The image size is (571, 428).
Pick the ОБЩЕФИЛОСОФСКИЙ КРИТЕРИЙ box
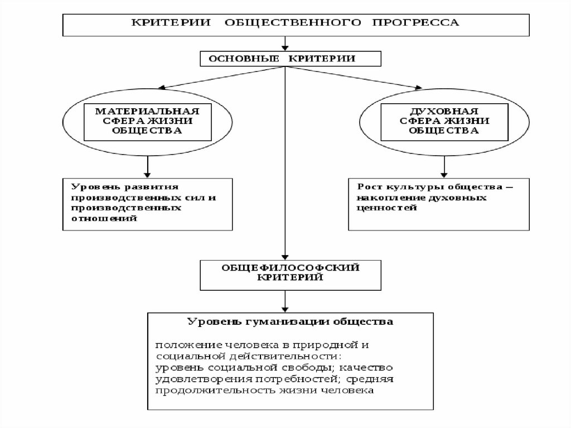click(x=284, y=273)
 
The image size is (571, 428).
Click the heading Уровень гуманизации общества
click(x=291, y=323)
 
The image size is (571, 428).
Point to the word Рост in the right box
click(x=368, y=187)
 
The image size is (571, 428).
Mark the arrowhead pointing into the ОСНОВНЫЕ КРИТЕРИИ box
click(x=285, y=48)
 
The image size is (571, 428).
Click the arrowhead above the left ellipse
click(x=159, y=86)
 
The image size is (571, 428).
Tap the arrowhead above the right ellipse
click(x=417, y=86)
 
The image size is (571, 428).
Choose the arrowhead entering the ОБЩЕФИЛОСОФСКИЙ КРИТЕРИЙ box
click(x=285, y=255)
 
